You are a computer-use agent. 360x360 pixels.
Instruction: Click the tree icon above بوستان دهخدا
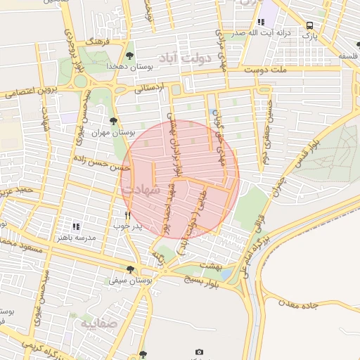[x=129, y=54]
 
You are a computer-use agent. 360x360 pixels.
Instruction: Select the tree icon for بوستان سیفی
[x=130, y=269]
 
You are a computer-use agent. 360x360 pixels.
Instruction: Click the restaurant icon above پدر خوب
[x=127, y=215]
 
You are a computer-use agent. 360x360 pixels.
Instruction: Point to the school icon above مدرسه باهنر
[x=76, y=226]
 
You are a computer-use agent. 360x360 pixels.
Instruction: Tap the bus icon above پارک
[x=309, y=26]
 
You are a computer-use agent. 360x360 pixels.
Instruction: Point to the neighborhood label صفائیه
[x=98, y=324]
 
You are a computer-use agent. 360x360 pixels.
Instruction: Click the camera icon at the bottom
[x=199, y=352]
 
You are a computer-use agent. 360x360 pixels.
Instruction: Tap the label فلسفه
[x=348, y=55]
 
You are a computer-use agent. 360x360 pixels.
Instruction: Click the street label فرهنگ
[x=94, y=41]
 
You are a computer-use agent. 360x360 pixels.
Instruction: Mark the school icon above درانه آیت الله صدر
[x=261, y=22]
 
